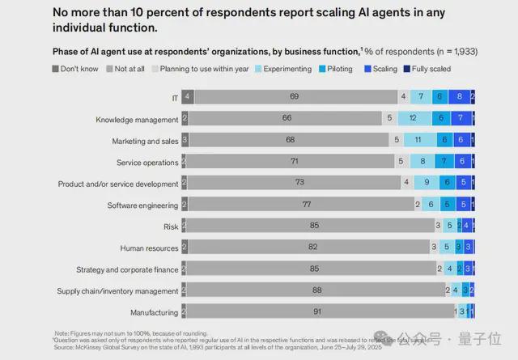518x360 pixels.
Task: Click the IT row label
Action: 173,96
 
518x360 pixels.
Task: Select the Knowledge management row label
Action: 137,118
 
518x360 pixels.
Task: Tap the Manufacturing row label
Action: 155,311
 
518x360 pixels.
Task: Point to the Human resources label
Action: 149,248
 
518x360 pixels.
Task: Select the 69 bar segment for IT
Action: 295,96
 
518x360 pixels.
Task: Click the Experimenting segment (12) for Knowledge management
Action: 414,118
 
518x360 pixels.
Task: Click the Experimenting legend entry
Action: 283,69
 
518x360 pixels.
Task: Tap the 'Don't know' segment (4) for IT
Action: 187,96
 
